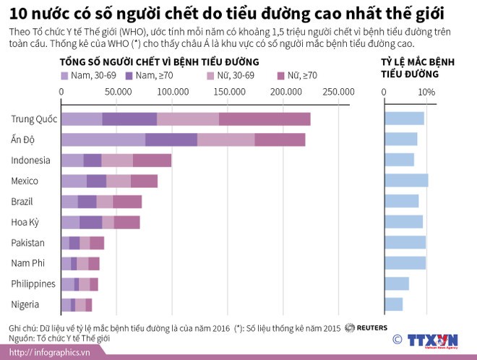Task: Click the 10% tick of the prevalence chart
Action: [x=426, y=92]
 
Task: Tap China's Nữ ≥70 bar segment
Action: [x=265, y=119]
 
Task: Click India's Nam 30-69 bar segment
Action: [x=103, y=140]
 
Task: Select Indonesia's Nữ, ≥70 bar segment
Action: [x=152, y=160]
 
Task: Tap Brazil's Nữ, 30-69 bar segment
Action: [x=104, y=202]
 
